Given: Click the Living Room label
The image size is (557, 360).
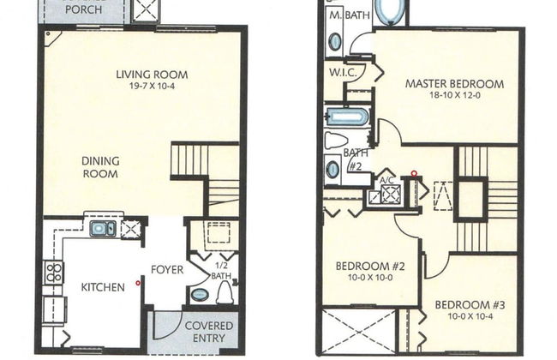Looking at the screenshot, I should coord(152,75).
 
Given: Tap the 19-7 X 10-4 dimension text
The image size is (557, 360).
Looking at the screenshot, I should coord(152,87).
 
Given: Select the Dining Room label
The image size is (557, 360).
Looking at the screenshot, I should coord(99,166).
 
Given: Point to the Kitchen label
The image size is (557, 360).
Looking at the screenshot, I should coord(104,286).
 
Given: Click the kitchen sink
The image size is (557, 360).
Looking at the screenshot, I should coord(104,229).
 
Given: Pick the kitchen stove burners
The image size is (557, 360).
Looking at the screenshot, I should coord(53,273).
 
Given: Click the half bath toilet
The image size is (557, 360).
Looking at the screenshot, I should coord(225,293).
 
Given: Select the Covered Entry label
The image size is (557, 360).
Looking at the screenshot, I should coord(204,331).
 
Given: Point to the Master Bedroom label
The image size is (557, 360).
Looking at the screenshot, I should coord(454,84).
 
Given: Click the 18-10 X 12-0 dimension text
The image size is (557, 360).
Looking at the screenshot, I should coord(454,96).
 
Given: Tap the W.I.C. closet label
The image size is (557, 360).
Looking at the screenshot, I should coord(339,73).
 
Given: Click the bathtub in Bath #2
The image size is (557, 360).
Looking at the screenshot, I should coord(347,117).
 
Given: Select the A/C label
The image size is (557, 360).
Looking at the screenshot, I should coord(386,181).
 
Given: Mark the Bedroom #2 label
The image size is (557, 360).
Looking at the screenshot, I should coord(369,267).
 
